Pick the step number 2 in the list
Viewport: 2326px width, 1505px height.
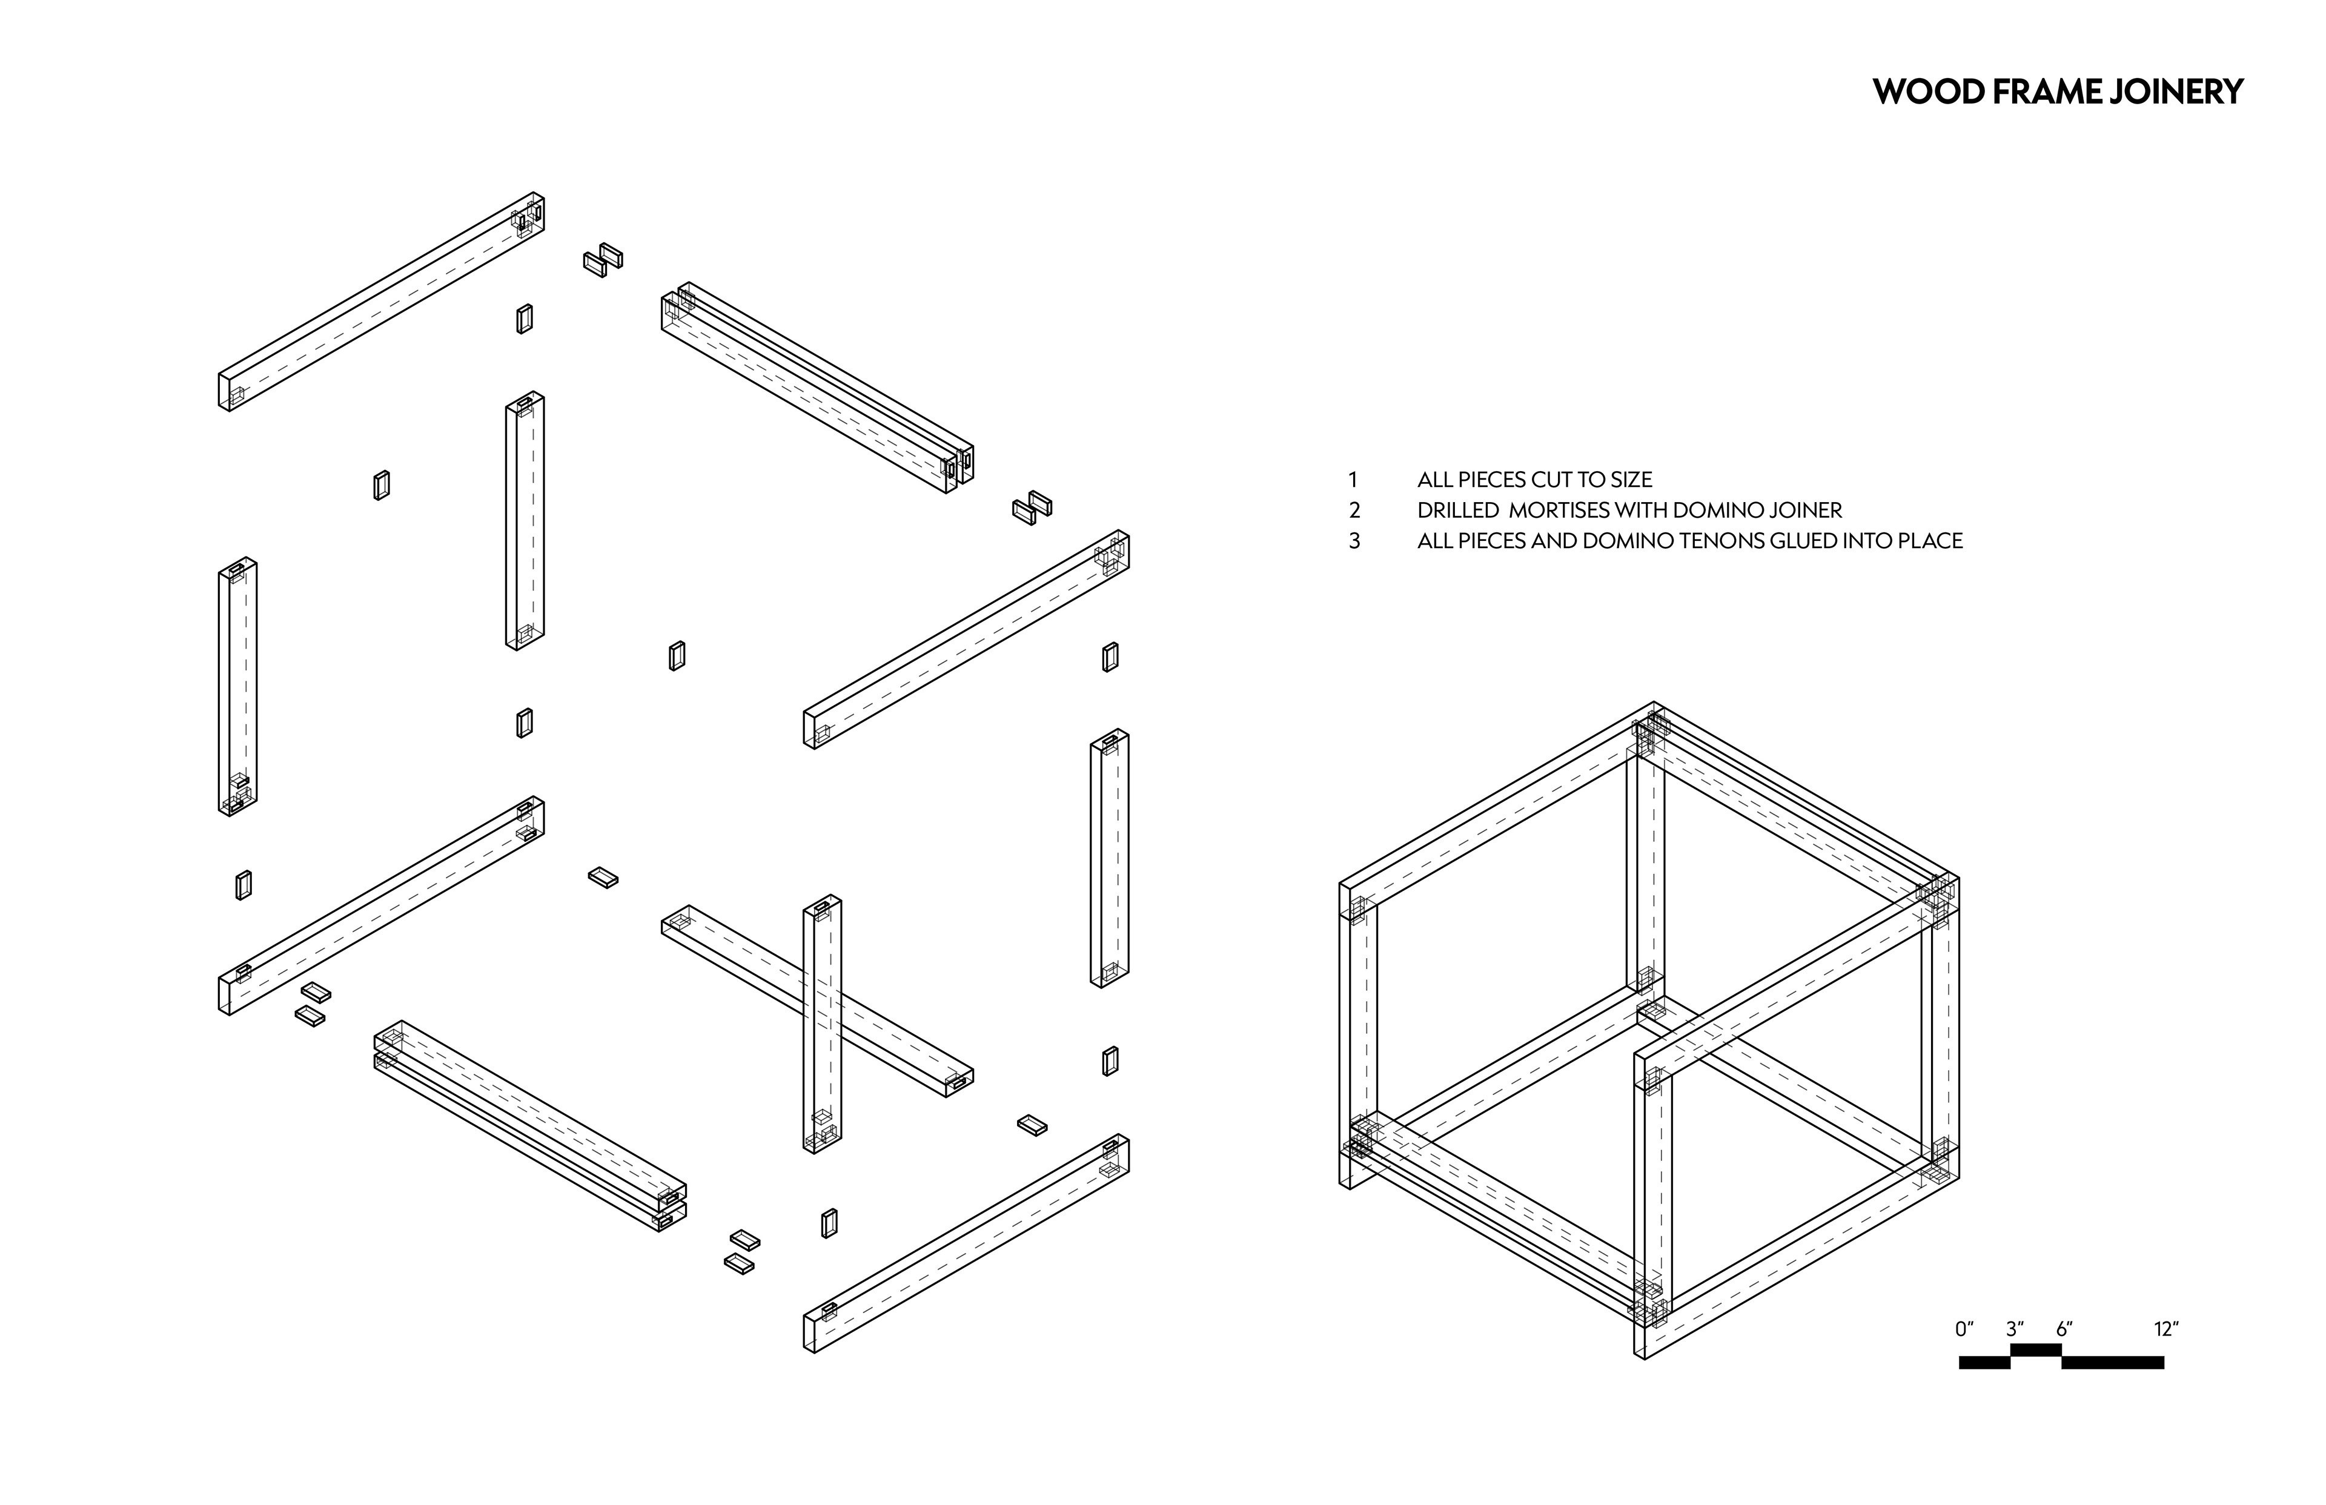click(x=1354, y=510)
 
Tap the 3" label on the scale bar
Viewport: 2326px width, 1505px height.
click(x=2014, y=1329)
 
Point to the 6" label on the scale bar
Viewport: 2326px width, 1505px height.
click(x=2064, y=1329)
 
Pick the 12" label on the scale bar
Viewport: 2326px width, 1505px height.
click(x=2165, y=1329)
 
